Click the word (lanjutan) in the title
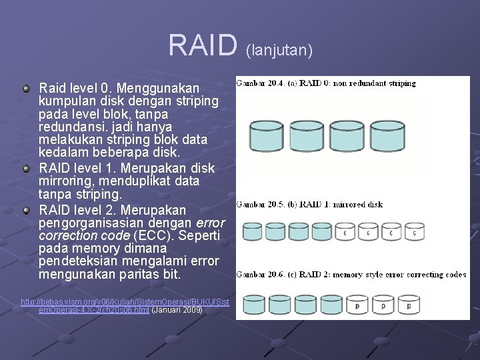[x=279, y=49]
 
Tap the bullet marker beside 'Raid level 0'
[x=26, y=88]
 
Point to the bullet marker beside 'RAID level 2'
[x=26, y=210]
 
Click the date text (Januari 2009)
[x=178, y=310]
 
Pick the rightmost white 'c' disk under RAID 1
[x=415, y=232]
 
